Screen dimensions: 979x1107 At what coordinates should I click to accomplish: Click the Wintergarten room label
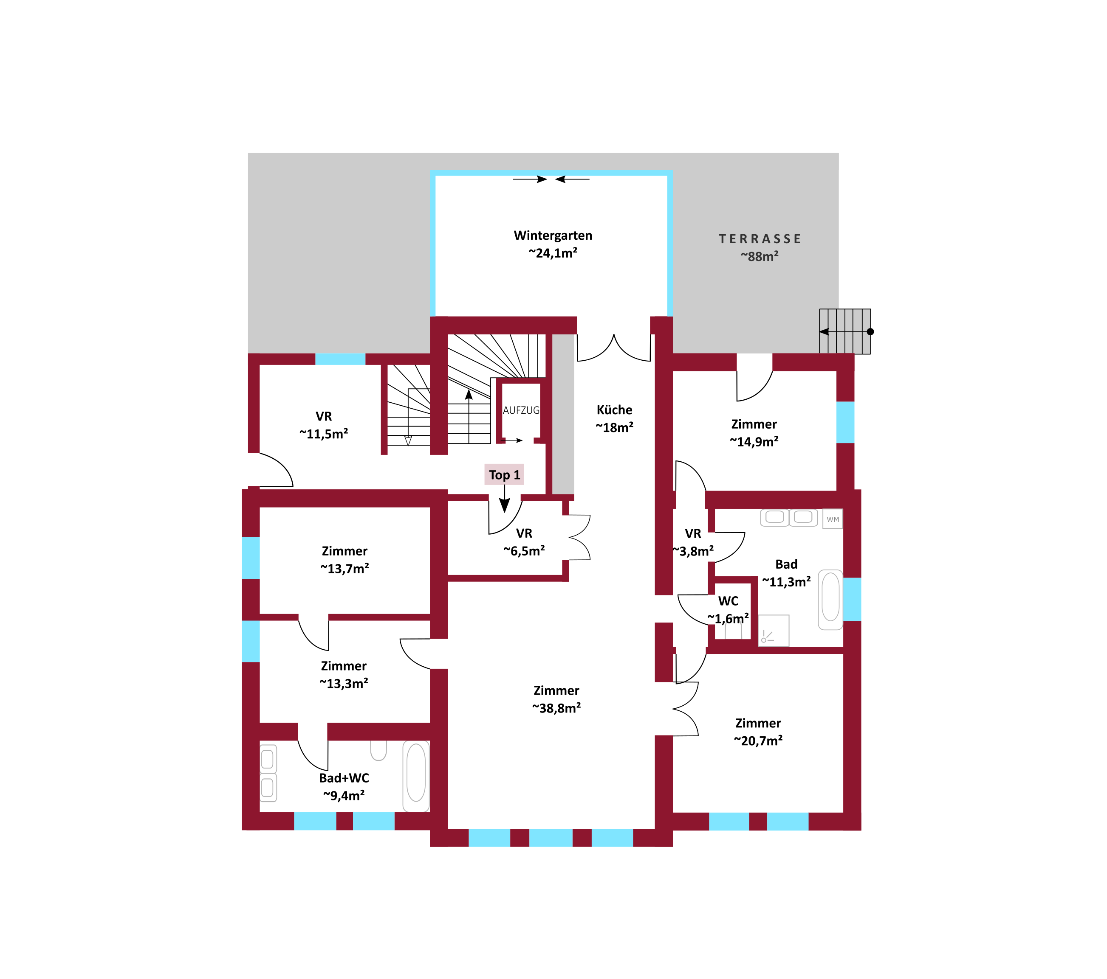[553, 236]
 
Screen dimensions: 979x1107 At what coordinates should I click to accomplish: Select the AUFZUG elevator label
[521, 410]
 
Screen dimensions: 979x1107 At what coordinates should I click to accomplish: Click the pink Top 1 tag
[504, 474]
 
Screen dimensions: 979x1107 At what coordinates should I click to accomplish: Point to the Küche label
[614, 410]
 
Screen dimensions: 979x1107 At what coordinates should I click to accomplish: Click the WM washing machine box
[833, 519]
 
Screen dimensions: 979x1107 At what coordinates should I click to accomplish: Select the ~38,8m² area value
[556, 708]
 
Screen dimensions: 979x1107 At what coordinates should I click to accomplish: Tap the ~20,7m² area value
[758, 741]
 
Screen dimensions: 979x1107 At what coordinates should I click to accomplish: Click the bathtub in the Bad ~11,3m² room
[830, 599]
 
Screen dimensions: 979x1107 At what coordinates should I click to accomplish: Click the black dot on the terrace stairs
[870, 332]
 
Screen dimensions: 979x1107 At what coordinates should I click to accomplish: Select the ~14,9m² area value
[754, 442]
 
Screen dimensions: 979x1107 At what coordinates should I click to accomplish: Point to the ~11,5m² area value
[324, 434]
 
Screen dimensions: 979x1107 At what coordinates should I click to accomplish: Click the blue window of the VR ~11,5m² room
[340, 359]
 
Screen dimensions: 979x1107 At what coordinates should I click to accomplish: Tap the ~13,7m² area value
[345, 568]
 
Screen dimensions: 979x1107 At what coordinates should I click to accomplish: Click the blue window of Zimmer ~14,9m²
[845, 422]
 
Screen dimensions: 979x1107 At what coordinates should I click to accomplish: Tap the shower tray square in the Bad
[774, 631]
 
